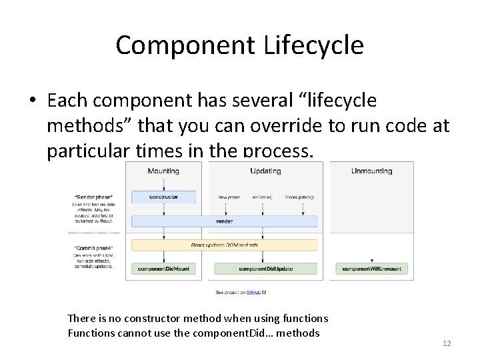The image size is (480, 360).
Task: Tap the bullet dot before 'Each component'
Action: coord(32,101)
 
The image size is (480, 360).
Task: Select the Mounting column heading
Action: coord(163,171)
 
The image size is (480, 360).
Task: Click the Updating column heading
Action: coord(265,171)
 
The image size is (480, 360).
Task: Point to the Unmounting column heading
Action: coord(371,171)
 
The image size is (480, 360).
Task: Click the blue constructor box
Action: coord(163,197)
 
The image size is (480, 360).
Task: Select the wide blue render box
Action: coord(224,221)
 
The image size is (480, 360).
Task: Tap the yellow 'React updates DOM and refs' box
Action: coord(224,245)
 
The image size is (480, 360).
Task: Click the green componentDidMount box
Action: coord(163,269)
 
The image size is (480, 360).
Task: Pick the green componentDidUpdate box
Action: coord(265,269)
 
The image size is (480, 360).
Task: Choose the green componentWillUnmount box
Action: coord(371,269)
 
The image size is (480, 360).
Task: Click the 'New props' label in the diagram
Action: coord(229,197)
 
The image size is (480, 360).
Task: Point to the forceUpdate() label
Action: coord(299,197)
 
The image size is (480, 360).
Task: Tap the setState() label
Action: coord(262,197)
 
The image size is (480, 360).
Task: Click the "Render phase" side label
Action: coord(93,197)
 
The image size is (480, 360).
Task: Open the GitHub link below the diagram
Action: coord(253,292)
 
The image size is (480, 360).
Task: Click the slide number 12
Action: coord(447,343)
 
